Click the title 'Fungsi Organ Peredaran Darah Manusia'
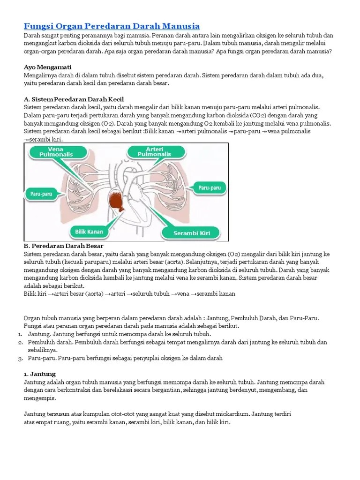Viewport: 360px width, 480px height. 112,26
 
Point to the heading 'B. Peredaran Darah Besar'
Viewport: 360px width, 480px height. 63,246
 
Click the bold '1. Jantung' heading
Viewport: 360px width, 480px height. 39,374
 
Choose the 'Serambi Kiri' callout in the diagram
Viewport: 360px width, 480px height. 192,232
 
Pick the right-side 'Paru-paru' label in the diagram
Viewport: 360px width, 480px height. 209,187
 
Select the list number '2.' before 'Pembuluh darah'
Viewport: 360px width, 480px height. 21,342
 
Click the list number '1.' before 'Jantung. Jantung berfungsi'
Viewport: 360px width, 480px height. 21,334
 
